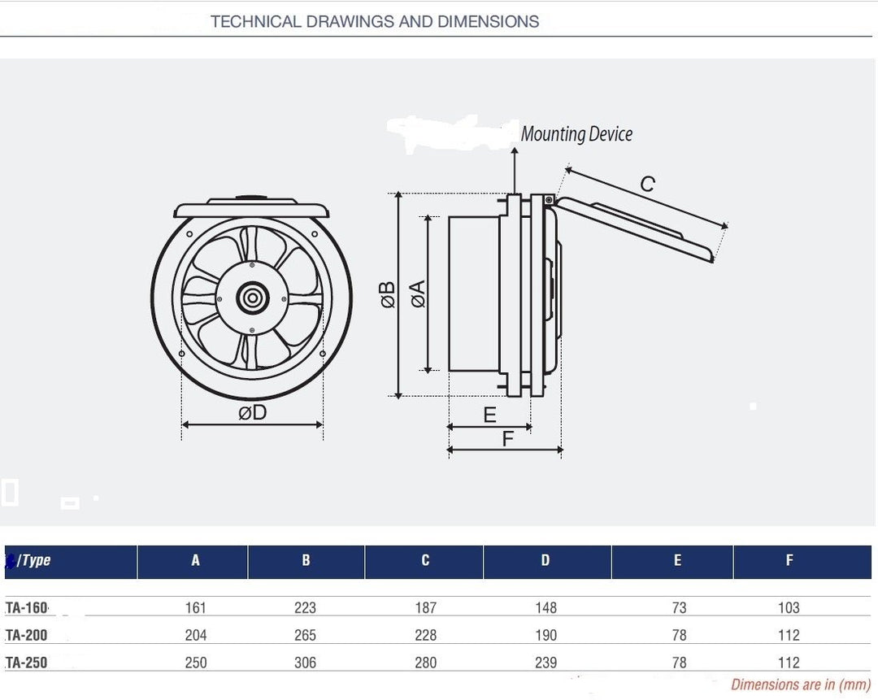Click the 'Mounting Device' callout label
point(576,134)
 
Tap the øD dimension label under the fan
point(253,412)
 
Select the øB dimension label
point(388,294)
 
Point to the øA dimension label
point(419,293)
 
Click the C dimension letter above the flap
point(647,185)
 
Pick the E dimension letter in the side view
point(489,415)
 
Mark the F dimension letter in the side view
point(508,439)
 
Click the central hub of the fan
point(253,298)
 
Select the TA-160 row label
point(27,607)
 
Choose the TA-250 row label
point(27,663)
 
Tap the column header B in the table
point(306,560)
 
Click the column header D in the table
point(545,560)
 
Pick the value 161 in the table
point(196,607)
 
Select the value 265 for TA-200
point(306,635)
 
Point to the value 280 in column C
point(425,663)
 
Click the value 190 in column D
point(546,635)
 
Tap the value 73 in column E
point(679,607)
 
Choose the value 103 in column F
point(789,607)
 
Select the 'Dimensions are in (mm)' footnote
point(801,685)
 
